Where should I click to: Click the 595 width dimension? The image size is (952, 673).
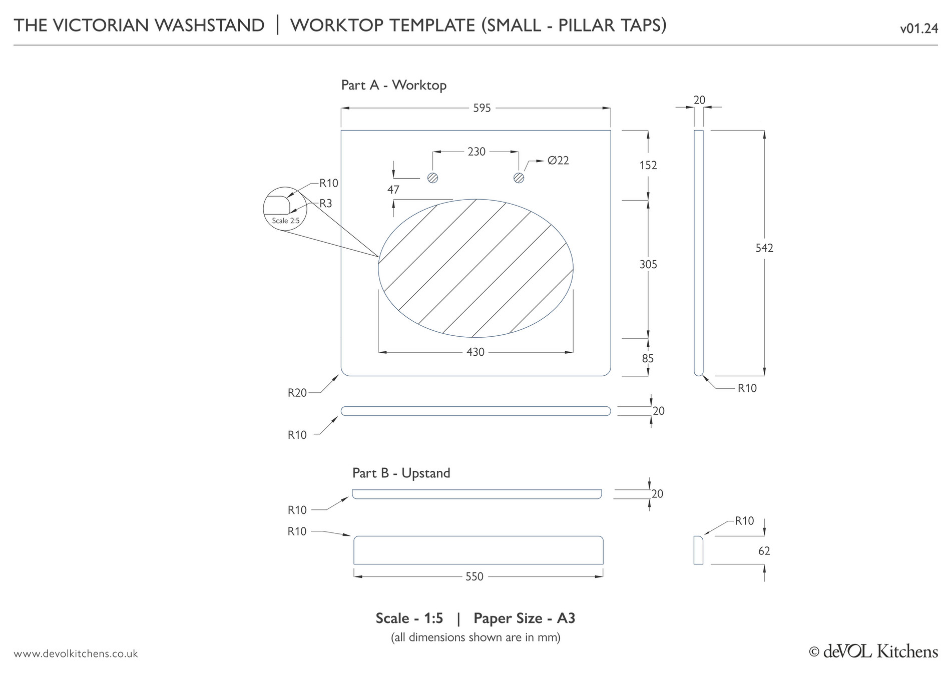(482, 108)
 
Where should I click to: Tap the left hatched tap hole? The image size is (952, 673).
(433, 178)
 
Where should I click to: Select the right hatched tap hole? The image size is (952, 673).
(519, 178)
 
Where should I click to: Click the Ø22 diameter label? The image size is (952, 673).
(558, 161)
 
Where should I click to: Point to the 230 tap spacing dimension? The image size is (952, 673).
(477, 152)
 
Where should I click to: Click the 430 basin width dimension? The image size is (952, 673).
(475, 352)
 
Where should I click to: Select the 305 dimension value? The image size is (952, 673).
(648, 265)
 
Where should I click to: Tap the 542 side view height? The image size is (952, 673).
(764, 248)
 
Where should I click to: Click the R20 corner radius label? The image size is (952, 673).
(297, 393)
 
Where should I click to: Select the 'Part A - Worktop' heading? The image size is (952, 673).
(393, 85)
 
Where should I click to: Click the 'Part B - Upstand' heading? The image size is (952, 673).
(401, 473)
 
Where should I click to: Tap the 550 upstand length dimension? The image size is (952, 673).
(474, 577)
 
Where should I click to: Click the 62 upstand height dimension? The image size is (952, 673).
(764, 551)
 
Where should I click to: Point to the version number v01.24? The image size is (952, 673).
(918, 29)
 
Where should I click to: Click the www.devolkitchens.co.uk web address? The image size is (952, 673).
(76, 654)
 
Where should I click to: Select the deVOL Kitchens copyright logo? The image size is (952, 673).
(873, 651)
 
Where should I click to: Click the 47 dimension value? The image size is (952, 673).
(393, 190)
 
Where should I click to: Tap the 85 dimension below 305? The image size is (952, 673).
(648, 359)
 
